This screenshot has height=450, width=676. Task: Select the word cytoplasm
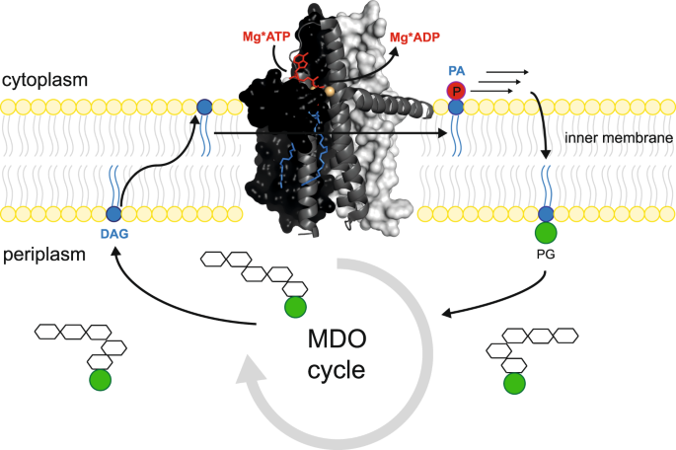[x=44, y=78]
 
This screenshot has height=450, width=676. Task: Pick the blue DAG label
[x=114, y=234]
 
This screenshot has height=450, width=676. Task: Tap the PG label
[x=545, y=264]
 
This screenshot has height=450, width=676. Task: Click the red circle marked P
[x=456, y=91]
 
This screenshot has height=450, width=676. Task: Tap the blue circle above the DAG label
[x=113, y=213]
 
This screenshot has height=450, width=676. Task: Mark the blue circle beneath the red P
[x=456, y=106]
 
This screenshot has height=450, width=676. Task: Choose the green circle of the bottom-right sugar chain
[x=512, y=383]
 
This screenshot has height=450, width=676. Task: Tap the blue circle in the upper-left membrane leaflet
[x=203, y=106]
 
